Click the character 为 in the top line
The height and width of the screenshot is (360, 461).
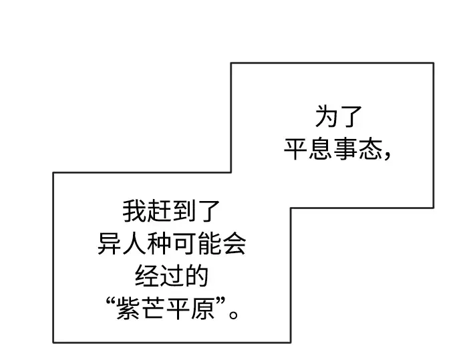click(x=326, y=117)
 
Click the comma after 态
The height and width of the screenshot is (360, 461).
click(x=387, y=156)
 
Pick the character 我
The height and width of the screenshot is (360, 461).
click(x=134, y=211)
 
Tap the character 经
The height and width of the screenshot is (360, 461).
click(x=146, y=276)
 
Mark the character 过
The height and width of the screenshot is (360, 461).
click(x=171, y=276)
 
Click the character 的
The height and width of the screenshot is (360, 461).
click(x=196, y=276)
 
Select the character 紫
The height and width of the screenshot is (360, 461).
click(x=128, y=308)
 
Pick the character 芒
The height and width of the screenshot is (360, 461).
click(x=152, y=308)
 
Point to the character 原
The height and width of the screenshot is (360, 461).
click(x=202, y=308)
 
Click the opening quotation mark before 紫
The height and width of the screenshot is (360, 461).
click(x=110, y=301)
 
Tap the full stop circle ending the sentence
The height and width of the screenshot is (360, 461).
click(x=233, y=315)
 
